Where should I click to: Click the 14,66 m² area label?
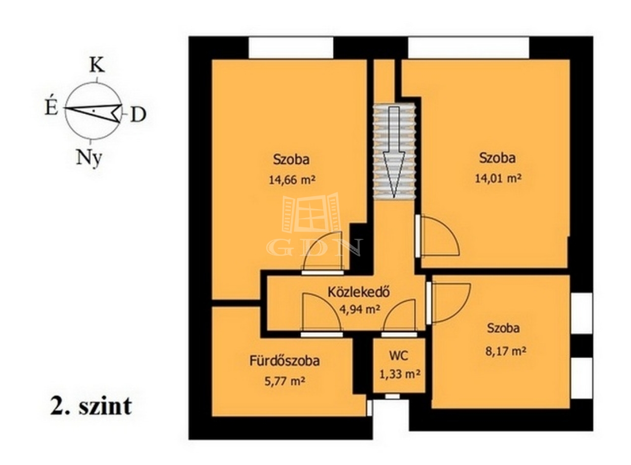click(x=292, y=179)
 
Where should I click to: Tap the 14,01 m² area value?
click(x=498, y=178)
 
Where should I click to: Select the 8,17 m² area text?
click(x=506, y=351)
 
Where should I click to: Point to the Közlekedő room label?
click(x=359, y=292)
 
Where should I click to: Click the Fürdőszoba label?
click(x=284, y=361)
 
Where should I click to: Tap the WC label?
click(x=399, y=356)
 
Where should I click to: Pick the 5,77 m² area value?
click(x=285, y=382)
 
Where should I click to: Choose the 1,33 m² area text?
click(x=400, y=375)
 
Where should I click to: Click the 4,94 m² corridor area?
click(x=360, y=310)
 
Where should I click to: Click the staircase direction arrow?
click(x=394, y=151)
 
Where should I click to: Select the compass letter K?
click(x=97, y=65)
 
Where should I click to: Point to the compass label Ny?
click(x=89, y=158)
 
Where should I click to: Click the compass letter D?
click(x=139, y=115)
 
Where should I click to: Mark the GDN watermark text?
click(x=315, y=248)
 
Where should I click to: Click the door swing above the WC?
click(x=399, y=315)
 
